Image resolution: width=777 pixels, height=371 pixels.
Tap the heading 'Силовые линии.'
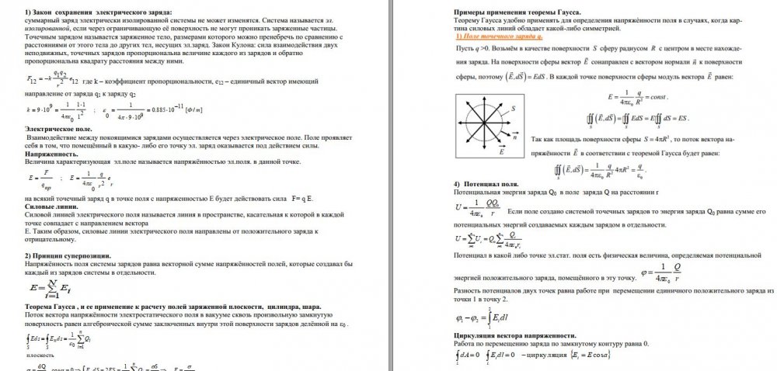50,205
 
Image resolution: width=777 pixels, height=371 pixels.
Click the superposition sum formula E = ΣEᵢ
48,290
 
